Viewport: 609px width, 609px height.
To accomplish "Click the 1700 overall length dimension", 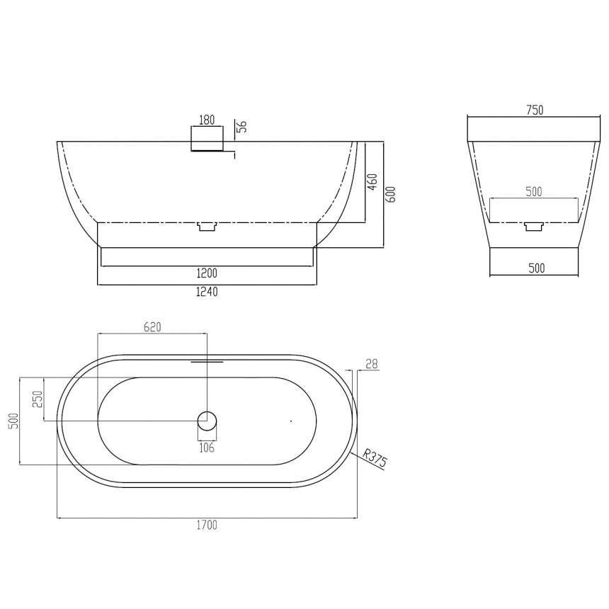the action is (x=207, y=525).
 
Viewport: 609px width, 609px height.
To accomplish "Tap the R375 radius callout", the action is (x=375, y=458).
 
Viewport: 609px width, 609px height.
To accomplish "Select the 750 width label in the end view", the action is (x=535, y=110).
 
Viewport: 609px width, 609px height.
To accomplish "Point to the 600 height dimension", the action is (x=392, y=194).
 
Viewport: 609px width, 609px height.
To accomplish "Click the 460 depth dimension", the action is (x=372, y=182).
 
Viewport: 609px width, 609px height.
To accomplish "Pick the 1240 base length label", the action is (x=207, y=291).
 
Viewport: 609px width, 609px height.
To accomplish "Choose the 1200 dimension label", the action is (x=207, y=273).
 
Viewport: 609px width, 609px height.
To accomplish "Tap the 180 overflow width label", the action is (x=207, y=120).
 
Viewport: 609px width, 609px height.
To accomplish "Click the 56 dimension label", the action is (x=242, y=127).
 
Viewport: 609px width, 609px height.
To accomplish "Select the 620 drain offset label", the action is (x=152, y=327).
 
